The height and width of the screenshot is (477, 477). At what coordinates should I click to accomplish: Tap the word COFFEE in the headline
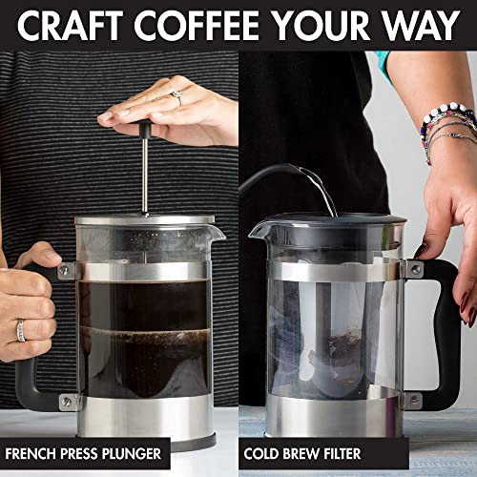[202, 26]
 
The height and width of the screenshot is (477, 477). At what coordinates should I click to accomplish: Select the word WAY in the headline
[421, 26]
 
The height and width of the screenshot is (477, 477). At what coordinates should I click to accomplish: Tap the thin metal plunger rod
[145, 176]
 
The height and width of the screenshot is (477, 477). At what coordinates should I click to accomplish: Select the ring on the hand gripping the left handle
[21, 330]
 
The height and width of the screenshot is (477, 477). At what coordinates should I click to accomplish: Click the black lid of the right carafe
[324, 224]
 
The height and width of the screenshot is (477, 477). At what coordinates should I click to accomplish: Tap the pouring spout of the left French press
[216, 232]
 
